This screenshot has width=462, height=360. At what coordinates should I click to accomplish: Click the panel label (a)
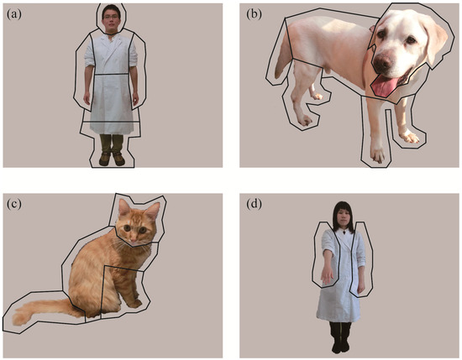click(x=14, y=14)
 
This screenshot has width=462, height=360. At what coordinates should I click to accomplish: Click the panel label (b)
click(x=254, y=14)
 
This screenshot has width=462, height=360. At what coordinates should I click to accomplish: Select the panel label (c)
click(x=14, y=204)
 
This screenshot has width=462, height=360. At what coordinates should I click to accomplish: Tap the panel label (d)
click(x=254, y=204)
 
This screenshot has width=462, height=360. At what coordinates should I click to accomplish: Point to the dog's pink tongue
click(x=384, y=86)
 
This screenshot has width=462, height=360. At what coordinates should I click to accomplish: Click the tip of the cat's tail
click(x=15, y=320)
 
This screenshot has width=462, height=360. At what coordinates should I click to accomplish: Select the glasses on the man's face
click(x=111, y=18)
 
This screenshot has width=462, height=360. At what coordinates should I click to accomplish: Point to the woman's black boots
click(x=341, y=337)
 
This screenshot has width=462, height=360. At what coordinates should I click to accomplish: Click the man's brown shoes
click(x=112, y=159)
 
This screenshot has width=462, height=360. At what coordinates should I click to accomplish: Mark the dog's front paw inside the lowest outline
click(x=378, y=155)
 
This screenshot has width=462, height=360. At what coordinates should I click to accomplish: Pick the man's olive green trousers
click(x=112, y=143)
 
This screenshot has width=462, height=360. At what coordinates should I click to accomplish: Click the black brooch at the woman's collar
click(x=344, y=232)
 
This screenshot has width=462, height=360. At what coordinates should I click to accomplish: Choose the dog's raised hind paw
click(x=317, y=97)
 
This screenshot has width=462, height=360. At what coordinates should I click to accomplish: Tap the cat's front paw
click(x=135, y=304)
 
